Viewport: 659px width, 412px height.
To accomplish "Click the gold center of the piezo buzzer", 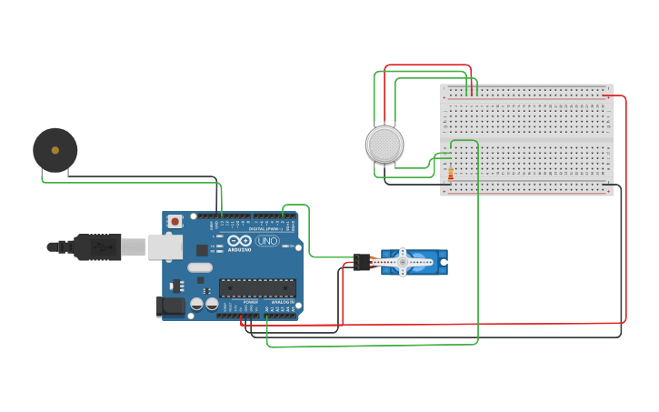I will [55, 150].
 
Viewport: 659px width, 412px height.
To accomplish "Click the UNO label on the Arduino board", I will [267, 241].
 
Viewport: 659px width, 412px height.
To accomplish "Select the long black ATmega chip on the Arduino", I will [257, 288].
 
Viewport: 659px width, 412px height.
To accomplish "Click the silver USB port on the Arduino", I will [165, 246].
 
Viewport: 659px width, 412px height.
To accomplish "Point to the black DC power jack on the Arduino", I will [170, 306].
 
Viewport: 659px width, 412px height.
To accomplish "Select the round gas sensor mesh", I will [384, 145].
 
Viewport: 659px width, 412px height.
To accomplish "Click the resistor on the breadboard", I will [450, 173].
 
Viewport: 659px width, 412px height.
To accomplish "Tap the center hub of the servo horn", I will [403, 262].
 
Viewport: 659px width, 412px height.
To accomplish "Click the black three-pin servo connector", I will [364, 262].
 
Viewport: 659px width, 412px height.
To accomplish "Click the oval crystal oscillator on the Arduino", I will [201, 267].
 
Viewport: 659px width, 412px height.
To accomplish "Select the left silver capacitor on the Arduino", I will [196, 305].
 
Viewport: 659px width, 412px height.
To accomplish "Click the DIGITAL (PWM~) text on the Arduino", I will [265, 229].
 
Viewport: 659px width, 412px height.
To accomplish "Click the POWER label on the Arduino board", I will [250, 302].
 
